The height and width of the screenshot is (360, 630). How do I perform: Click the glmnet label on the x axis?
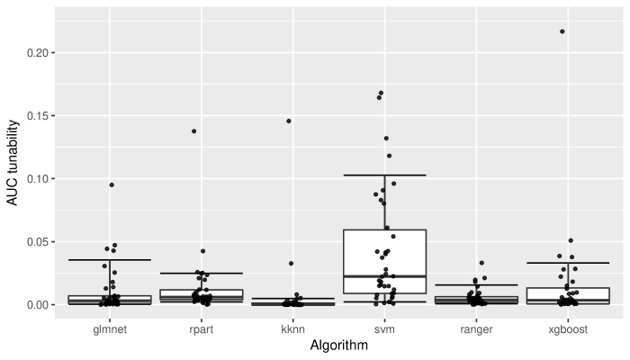coord(111,329)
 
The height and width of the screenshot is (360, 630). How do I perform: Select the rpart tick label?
coord(202,329)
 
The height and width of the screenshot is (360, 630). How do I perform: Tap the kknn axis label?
coord(293,329)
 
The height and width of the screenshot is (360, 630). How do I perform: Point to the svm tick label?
coord(384,329)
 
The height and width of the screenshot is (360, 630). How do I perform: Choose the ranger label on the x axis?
coord(476,329)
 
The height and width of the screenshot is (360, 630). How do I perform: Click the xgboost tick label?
coord(567,329)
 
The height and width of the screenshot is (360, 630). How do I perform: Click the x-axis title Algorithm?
coord(338,346)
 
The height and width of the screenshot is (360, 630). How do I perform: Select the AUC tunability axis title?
coord(13,161)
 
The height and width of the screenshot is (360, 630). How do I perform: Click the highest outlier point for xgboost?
coord(562,31)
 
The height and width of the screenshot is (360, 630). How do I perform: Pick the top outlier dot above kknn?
coord(289,121)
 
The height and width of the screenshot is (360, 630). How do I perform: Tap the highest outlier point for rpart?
coord(193,131)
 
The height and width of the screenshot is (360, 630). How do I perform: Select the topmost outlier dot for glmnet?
coord(112,184)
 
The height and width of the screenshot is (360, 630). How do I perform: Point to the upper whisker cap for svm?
coord(384,175)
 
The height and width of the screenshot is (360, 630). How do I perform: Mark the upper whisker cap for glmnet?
coord(111,260)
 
